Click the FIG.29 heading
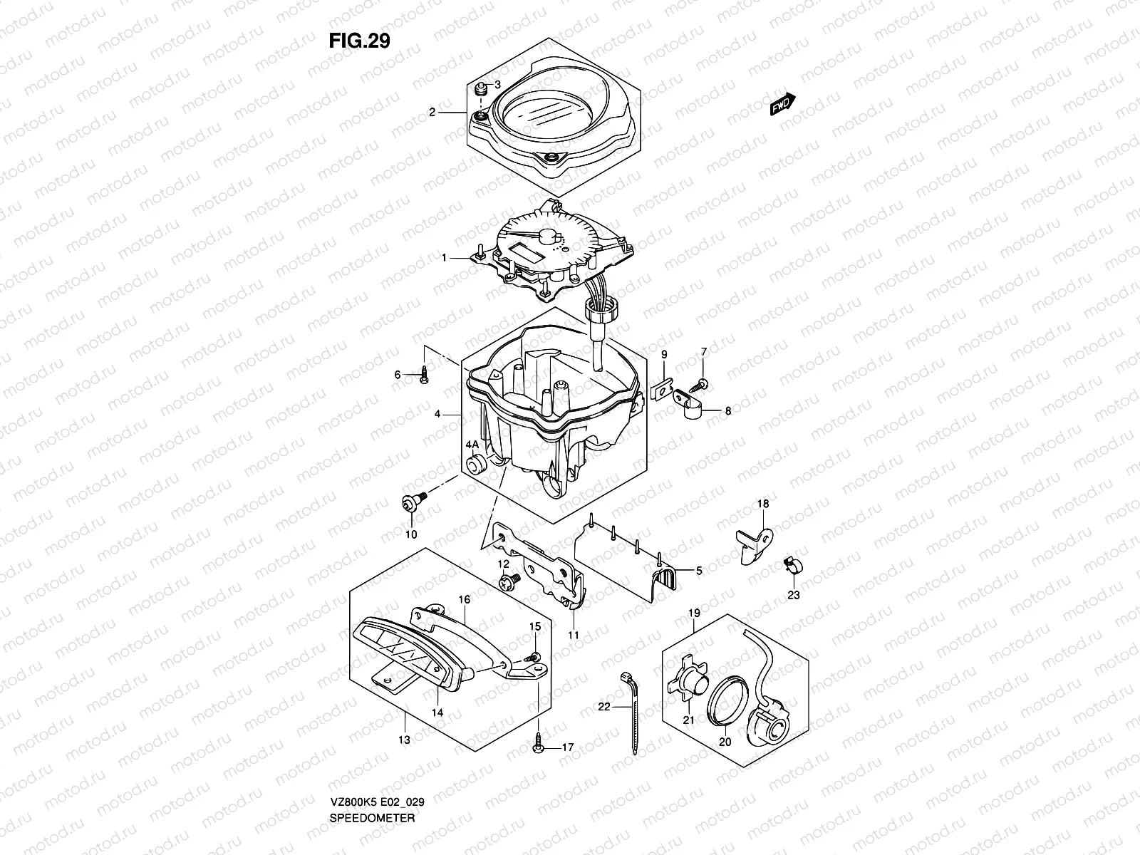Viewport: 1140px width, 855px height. [x=359, y=41]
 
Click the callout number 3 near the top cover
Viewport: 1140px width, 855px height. [x=497, y=85]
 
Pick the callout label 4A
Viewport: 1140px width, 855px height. [x=472, y=445]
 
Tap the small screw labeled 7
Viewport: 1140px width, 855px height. [x=703, y=383]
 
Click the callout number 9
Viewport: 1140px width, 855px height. [x=663, y=354]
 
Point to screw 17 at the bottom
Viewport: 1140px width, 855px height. [x=539, y=747]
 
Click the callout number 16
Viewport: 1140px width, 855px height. [x=464, y=600]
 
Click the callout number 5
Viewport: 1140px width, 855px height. [x=699, y=570]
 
